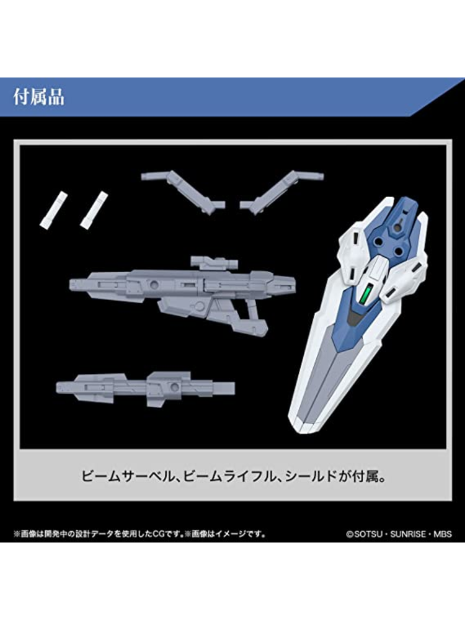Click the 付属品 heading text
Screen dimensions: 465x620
coord(39,97)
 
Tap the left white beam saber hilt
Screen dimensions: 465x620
coord(53,210)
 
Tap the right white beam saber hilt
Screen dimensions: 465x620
coord(94,210)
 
